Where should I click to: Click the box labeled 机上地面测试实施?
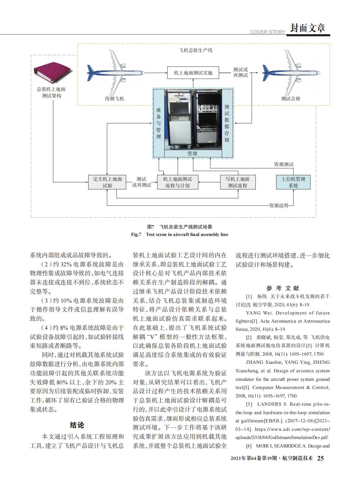193,73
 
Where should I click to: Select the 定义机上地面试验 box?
107,182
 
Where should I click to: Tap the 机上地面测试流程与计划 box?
178,182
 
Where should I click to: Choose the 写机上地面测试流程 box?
237,182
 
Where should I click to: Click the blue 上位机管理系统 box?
293,182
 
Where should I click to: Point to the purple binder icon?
52,73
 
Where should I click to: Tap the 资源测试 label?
284,164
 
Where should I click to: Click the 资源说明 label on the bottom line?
279,205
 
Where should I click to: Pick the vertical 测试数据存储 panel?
227,123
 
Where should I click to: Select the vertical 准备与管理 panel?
159,123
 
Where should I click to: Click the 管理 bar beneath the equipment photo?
193,154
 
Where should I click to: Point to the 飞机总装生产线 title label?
195,50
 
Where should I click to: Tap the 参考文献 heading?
283,288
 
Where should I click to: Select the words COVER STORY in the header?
268,32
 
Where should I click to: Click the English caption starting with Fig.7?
180,234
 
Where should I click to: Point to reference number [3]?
249,404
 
